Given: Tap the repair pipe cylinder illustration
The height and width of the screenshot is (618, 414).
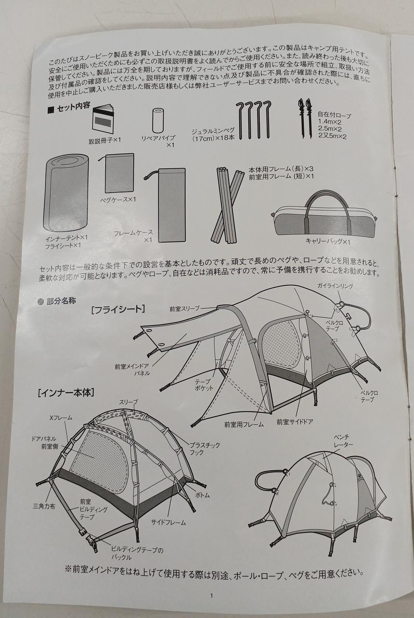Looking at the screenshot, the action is (158, 120).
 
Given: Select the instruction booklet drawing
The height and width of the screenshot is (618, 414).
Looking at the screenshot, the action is (103, 117).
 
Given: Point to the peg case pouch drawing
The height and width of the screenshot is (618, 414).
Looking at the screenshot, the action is (119, 173).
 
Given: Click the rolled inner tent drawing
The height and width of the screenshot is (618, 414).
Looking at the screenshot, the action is (66, 193).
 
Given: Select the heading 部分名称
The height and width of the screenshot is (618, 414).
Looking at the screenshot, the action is (61, 301).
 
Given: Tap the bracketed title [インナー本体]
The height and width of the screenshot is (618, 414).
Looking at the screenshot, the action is (66, 393).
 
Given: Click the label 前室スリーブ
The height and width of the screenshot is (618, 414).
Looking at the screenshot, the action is (184, 309).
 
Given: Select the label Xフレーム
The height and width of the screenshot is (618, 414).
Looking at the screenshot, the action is (61, 418).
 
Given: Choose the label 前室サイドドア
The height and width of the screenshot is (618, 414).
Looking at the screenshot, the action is (295, 422).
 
